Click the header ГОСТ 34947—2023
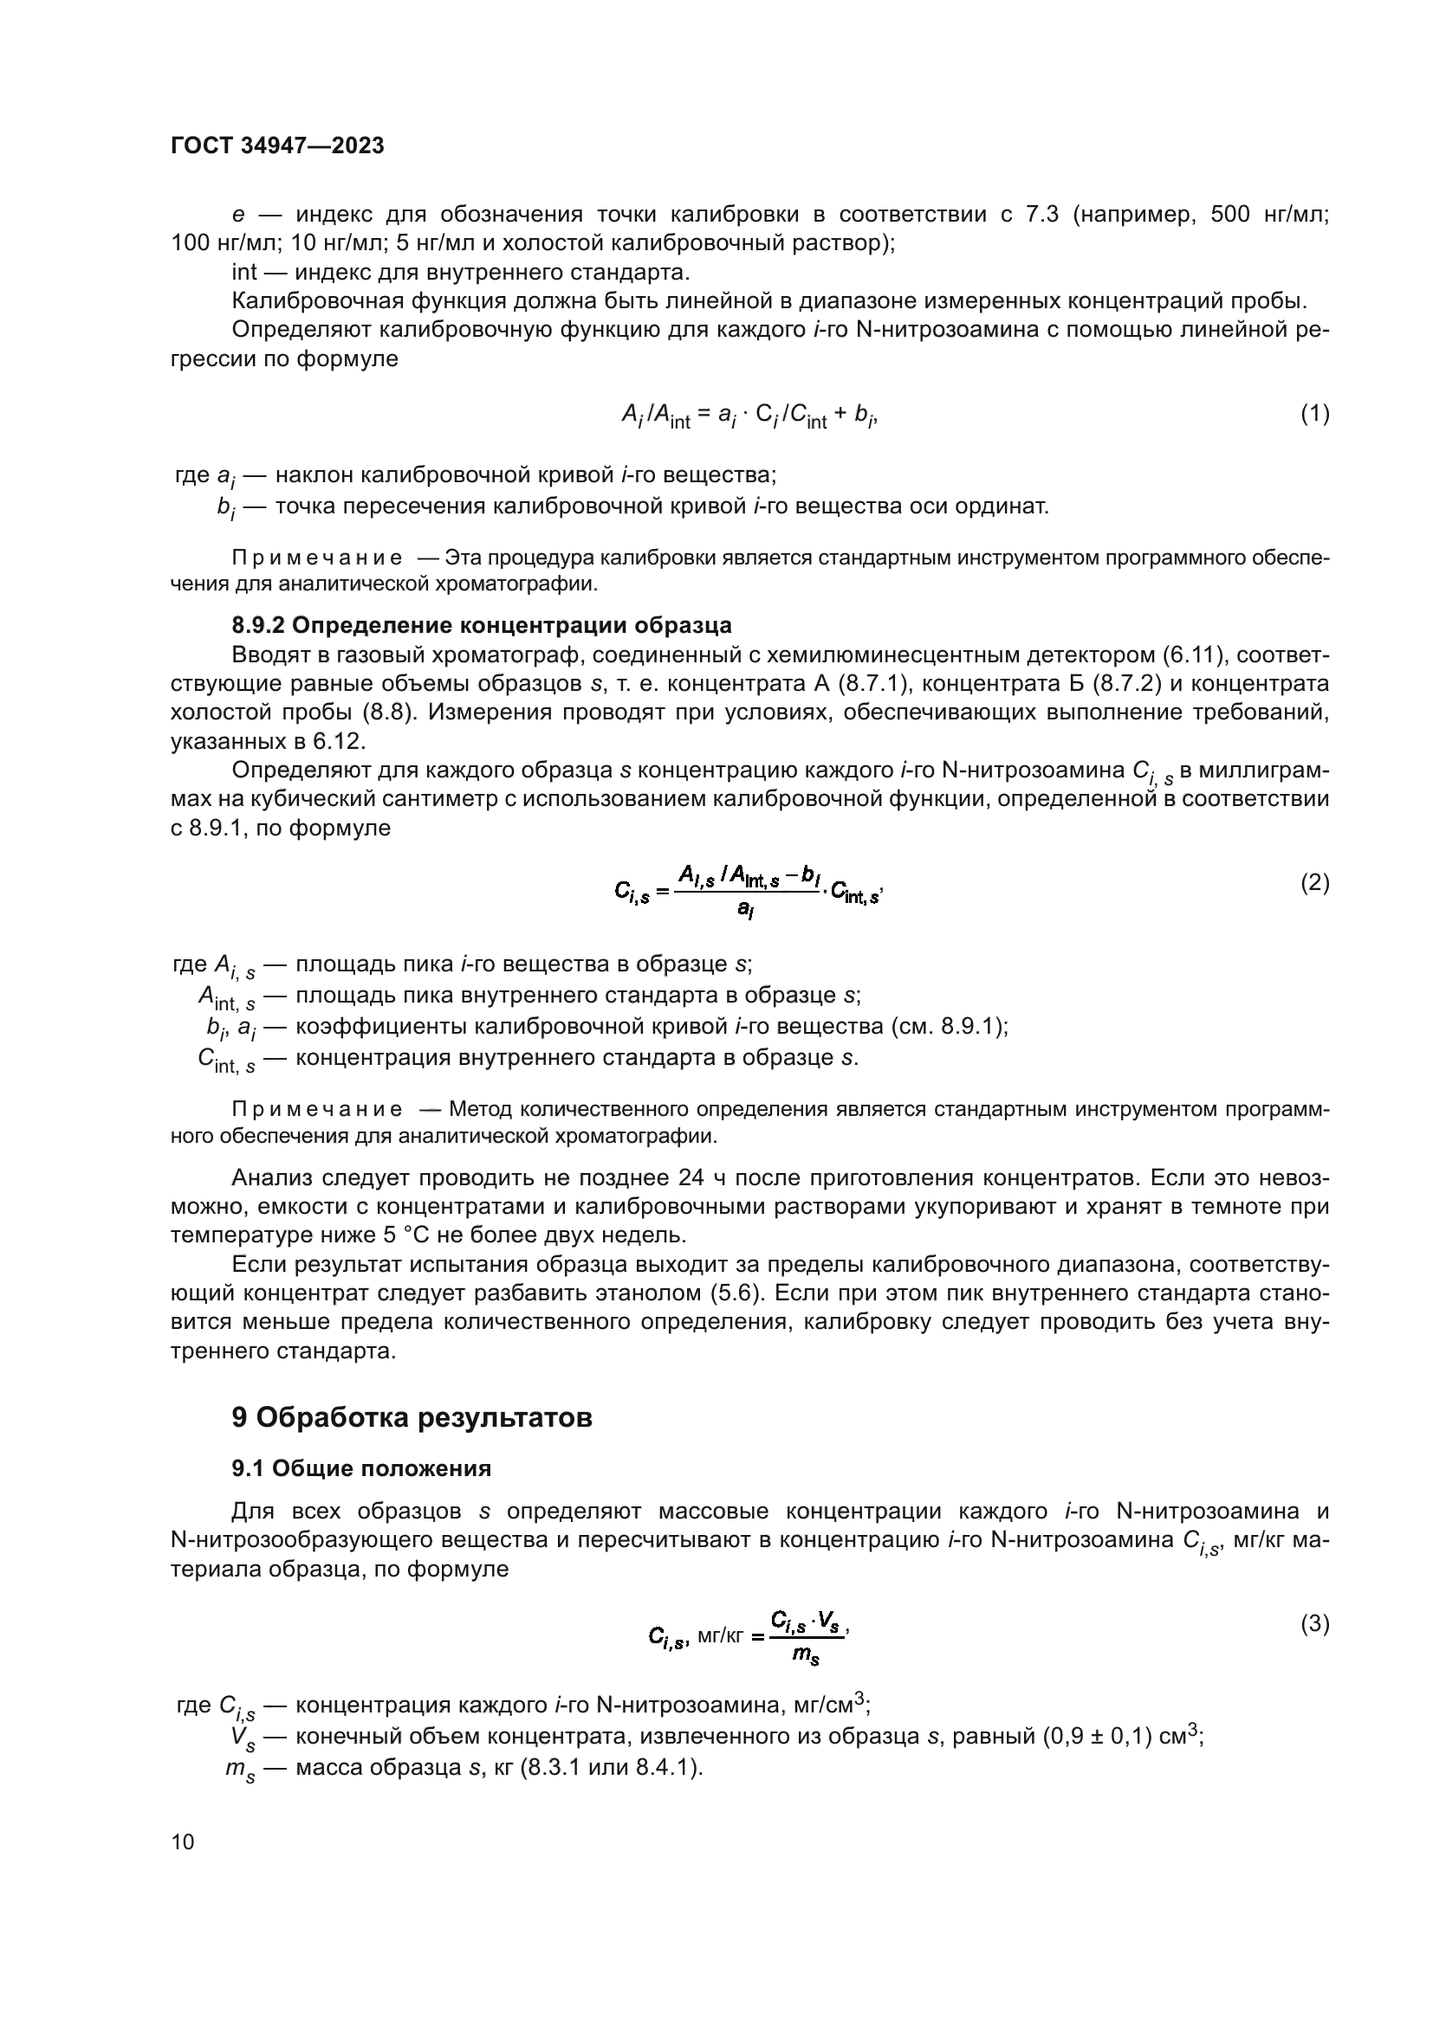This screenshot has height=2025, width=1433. coord(277,146)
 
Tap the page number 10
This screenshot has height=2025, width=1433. coord(183,1842)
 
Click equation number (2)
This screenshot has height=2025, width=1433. coord(1315,883)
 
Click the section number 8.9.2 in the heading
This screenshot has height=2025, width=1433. coord(257,625)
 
